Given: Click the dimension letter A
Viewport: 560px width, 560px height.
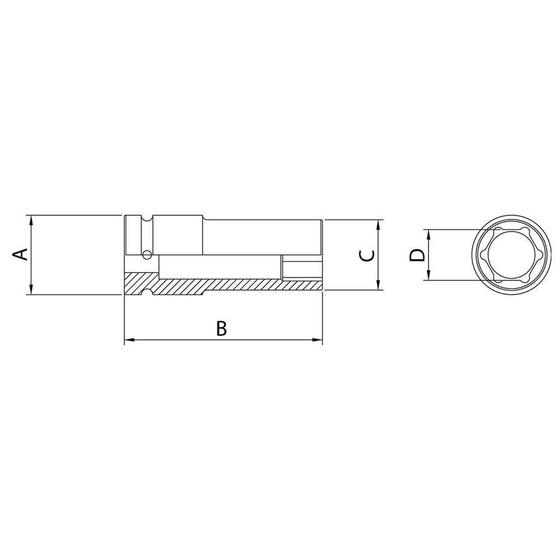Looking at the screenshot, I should coord(20,254).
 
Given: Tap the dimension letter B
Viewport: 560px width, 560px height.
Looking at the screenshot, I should coord(222,329).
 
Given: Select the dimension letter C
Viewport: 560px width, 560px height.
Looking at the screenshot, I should coord(366,255).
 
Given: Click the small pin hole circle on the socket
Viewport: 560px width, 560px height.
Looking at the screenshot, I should coord(147,255).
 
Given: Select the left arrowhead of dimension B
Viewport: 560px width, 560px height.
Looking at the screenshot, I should coord(128,340).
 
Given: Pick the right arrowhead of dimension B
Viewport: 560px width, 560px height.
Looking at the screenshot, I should coord(319,340).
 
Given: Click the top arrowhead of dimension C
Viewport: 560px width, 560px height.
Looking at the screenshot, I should coord(379,224).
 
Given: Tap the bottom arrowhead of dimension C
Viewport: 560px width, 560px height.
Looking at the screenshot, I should coord(379,286).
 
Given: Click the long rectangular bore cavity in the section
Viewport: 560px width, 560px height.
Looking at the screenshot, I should coord(218,267).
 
